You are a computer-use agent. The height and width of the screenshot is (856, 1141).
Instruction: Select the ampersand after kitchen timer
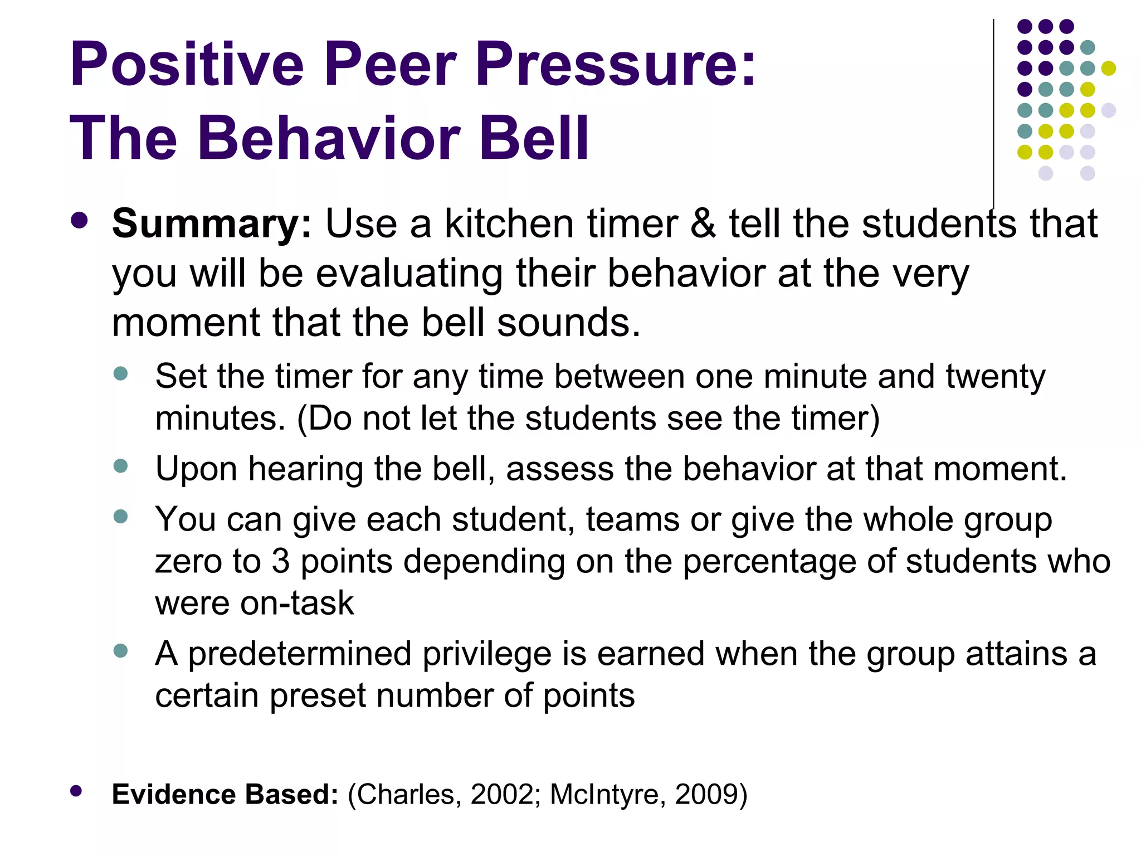[703, 223]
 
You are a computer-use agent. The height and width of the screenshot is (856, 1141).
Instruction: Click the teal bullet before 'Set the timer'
[120, 373]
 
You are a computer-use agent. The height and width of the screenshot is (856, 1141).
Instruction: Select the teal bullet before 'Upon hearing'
[120, 465]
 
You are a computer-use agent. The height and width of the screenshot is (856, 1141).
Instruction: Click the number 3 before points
[281, 561]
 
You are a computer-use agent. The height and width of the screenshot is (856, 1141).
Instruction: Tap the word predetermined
[300, 654]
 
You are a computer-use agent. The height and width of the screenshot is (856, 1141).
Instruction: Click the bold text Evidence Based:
[225, 794]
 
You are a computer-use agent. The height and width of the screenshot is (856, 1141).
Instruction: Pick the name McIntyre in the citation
[607, 794]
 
